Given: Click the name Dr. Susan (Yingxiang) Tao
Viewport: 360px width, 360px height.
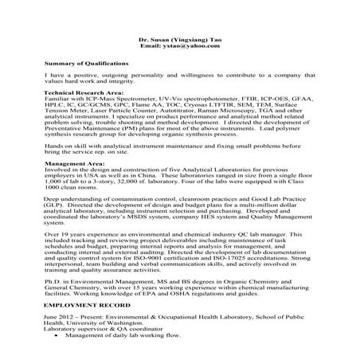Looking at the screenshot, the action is [x=179, y=38].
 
